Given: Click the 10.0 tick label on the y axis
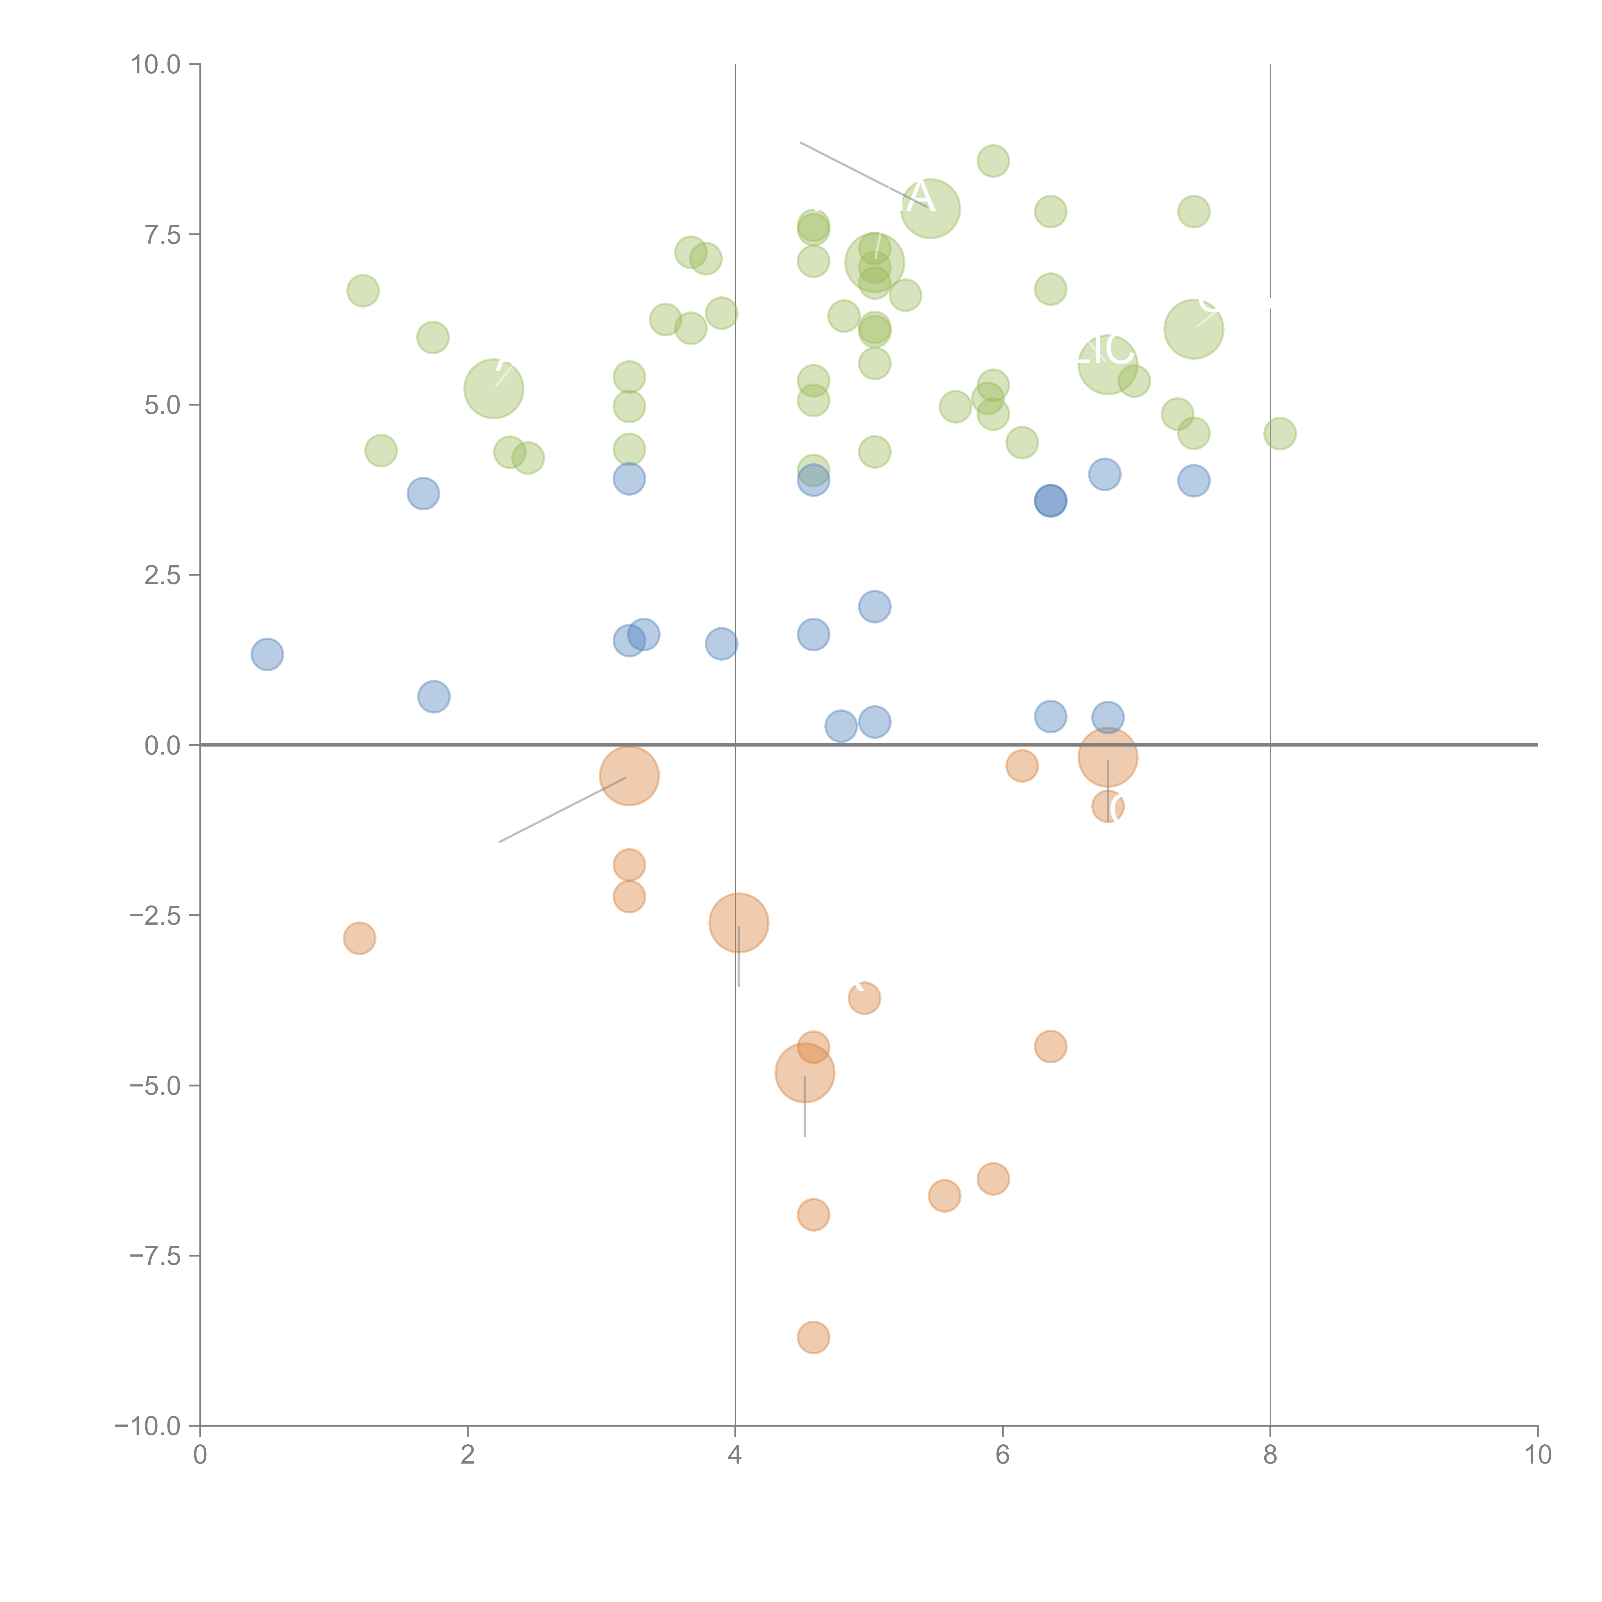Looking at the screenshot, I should point(156,65).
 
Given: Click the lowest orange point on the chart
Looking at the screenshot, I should point(813,1337).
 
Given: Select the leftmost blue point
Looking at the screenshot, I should point(267,654).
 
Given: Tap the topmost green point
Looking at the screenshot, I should point(993,161).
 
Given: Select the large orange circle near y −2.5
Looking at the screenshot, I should point(739,923).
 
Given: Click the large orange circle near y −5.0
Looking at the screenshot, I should point(804,1073).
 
